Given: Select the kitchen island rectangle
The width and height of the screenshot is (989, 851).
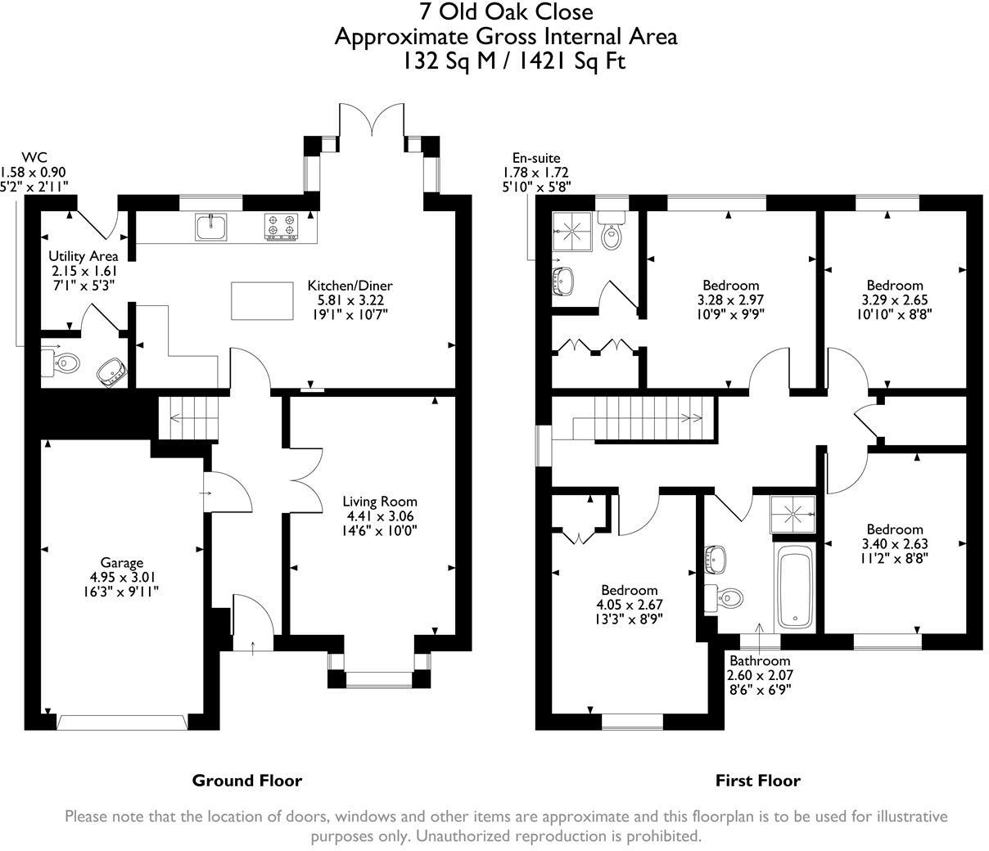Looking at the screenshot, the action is point(264,300).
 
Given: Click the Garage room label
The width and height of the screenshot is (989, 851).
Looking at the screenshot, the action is point(122,562).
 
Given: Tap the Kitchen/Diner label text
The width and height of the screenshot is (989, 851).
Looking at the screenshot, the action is point(350,286).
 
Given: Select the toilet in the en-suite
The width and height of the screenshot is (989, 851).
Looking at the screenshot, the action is point(611,232).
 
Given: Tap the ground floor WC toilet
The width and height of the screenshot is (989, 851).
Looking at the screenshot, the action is point(62,362).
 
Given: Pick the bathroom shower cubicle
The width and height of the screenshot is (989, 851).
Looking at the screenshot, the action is point(792,515).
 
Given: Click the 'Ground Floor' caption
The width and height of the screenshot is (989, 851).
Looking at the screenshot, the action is point(246,781).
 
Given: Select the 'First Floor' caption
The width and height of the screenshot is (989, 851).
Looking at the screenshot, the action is point(757,781).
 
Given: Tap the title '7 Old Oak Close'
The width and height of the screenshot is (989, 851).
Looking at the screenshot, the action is point(504,12).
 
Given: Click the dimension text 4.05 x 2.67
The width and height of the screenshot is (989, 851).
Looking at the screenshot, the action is point(629,605).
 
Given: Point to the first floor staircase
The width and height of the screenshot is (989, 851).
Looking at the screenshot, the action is point(639,418).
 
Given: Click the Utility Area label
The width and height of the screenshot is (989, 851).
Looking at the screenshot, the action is point(84,256).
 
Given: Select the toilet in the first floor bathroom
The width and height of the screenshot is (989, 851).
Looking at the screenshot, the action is point(726,597).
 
